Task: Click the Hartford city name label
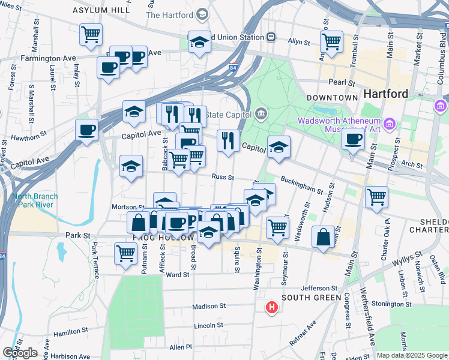click(x=385, y=94)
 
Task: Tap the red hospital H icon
click(x=272, y=308)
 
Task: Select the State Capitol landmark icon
click(x=261, y=113)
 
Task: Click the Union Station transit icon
click(x=271, y=37)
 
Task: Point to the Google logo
click(x=20, y=353)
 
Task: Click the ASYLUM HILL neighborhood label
click(x=101, y=11)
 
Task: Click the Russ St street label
click(x=222, y=176)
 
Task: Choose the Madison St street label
click(x=209, y=306)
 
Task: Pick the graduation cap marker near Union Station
click(x=200, y=41)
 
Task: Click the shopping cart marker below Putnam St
click(x=125, y=253)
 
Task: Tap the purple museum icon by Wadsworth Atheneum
click(x=390, y=124)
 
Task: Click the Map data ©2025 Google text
click(x=411, y=355)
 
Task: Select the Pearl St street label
click(x=340, y=82)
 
